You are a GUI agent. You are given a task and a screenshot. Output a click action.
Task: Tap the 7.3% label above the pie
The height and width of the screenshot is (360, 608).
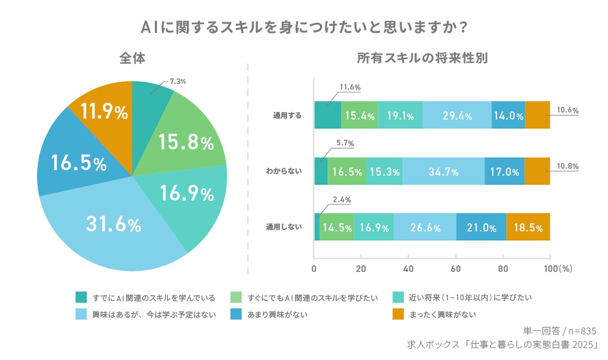point(178,81)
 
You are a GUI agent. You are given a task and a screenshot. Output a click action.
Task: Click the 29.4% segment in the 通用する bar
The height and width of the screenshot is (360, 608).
point(457,115)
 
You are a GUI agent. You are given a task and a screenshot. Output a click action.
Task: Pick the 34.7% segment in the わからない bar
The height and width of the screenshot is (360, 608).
point(443,171)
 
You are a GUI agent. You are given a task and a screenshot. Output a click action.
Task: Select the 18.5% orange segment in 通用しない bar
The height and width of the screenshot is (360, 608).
point(528,227)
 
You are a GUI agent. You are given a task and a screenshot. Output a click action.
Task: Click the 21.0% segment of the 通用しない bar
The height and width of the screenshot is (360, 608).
point(481,227)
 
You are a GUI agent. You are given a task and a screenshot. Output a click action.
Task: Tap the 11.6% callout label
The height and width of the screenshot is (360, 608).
point(350,87)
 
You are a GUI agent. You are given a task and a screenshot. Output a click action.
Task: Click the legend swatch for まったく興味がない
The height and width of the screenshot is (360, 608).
point(399,314)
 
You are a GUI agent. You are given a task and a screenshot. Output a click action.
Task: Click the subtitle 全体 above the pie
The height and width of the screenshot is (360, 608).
point(132,58)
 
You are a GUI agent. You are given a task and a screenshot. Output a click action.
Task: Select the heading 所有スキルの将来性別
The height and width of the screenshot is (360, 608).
point(422,58)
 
